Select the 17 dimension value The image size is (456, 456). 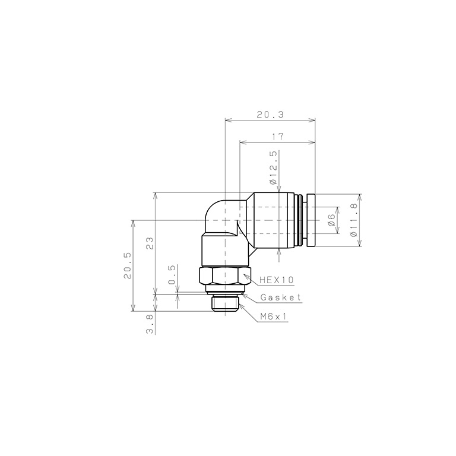point(277,137)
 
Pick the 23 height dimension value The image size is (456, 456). point(150,243)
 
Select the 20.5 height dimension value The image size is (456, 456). point(128,265)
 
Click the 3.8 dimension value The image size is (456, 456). point(150,324)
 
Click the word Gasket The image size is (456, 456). point(281,297)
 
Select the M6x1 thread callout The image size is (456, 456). point(274,317)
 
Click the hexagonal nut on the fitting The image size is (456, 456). point(225,276)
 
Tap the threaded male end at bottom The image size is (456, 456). point(225,304)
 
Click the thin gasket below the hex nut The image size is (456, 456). point(225,292)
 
